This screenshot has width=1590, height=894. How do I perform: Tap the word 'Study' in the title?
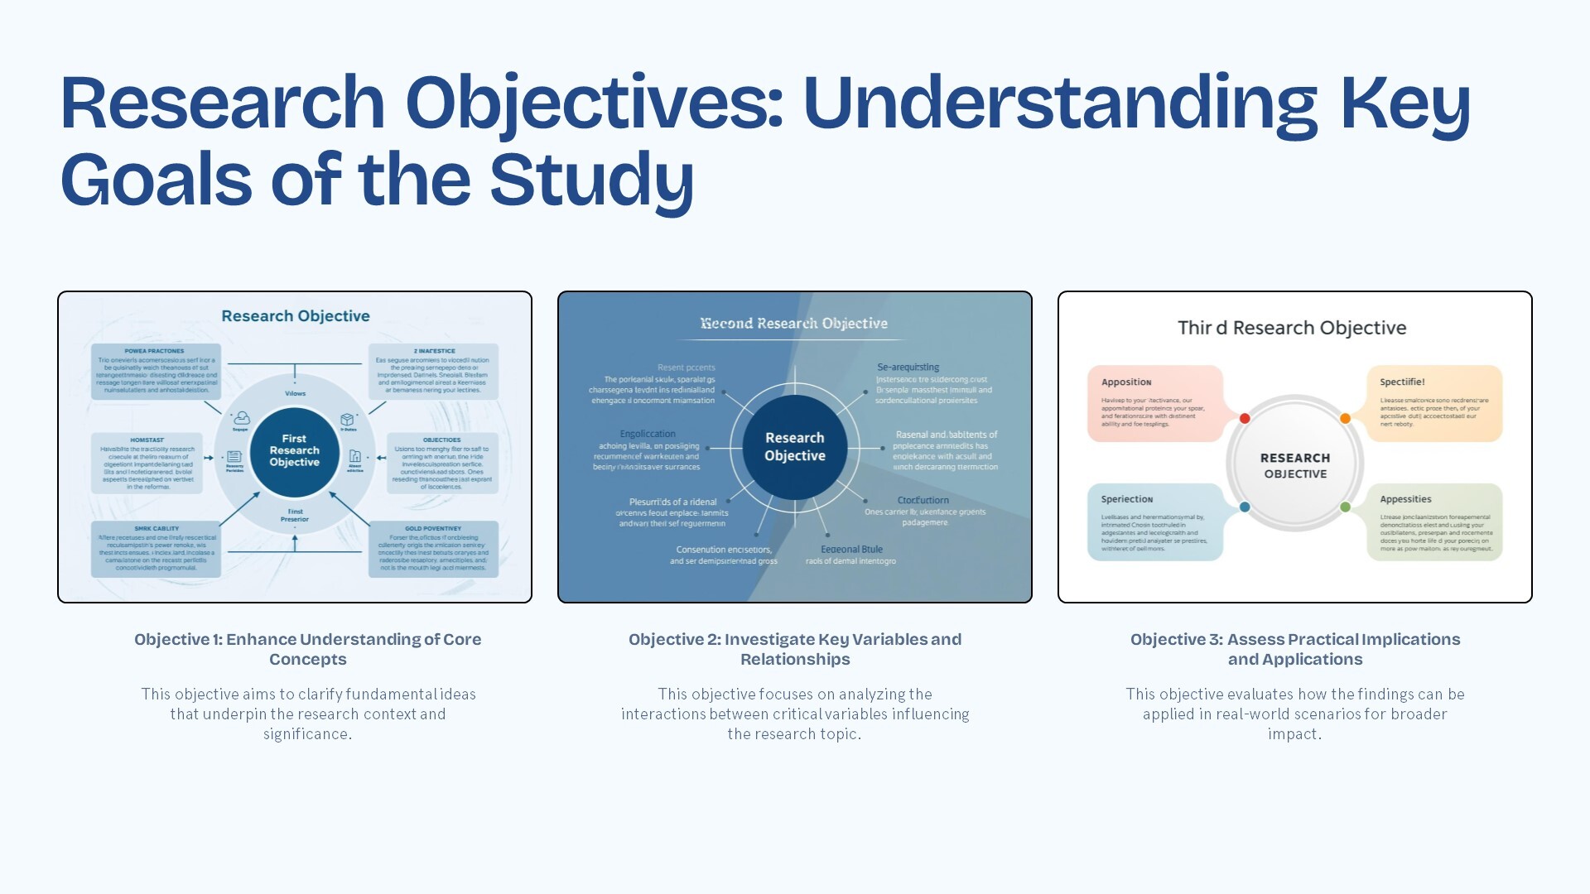591,180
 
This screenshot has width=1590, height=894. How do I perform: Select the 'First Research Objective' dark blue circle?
294,451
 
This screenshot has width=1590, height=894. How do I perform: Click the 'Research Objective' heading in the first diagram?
296,316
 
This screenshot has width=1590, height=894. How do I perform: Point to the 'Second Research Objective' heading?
793,324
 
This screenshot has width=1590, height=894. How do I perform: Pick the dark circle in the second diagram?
795,447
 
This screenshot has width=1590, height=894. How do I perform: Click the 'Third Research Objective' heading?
1292,328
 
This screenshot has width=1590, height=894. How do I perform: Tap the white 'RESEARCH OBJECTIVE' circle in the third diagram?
1295,465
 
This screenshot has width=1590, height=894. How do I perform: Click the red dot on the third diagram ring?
1245,419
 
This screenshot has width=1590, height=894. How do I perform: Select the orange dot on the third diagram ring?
1346,419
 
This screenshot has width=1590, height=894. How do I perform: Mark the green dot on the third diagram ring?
1346,507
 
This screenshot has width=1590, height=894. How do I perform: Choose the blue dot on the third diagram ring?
1245,507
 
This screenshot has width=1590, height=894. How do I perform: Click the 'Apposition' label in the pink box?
1126,382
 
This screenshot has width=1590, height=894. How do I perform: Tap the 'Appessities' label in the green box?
1405,499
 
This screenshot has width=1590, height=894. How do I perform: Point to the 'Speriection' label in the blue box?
1127,499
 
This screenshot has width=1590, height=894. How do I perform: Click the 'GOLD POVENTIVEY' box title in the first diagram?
433,528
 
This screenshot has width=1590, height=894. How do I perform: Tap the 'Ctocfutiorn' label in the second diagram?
923,501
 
